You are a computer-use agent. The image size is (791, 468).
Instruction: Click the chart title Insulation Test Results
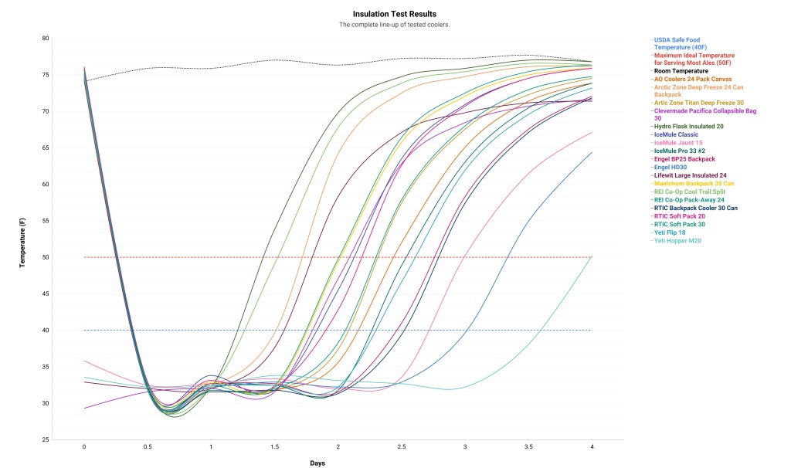[x=394, y=14]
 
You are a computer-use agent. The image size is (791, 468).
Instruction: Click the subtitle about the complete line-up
[x=394, y=25]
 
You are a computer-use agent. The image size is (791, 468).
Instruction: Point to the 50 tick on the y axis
[x=66, y=257]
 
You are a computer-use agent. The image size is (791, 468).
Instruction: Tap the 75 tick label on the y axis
[x=66, y=75]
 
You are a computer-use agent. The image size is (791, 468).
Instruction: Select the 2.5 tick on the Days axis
[x=402, y=447]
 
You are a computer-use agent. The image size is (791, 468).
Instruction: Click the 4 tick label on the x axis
[x=592, y=447]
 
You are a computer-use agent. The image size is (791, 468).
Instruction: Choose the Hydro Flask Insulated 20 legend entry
[x=688, y=126]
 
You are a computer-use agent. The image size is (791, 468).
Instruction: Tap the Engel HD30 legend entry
[x=673, y=167]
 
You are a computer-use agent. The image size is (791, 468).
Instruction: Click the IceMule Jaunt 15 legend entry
[x=681, y=143]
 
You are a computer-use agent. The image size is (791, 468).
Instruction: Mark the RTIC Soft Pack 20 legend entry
[x=679, y=216]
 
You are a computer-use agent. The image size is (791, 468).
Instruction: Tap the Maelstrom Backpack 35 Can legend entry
[x=693, y=184]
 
